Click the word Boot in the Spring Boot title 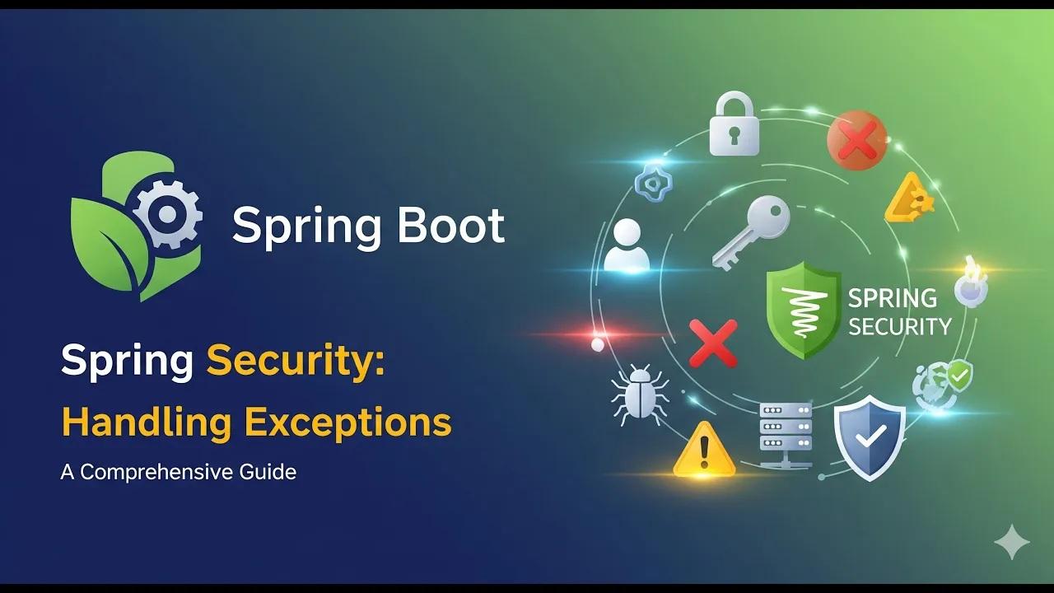coord(450,226)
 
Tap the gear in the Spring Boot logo coord(168,214)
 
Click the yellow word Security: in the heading coord(296,362)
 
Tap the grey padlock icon coord(734,124)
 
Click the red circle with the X coord(857,140)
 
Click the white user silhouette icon coord(627,245)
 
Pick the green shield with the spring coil coord(803,311)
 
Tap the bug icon coord(640,395)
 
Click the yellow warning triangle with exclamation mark coord(704,450)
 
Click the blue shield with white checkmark coord(870,437)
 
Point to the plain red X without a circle coord(713,343)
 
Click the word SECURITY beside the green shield coord(900,327)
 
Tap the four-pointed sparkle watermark coord(1012,542)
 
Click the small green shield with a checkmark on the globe coord(959,375)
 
